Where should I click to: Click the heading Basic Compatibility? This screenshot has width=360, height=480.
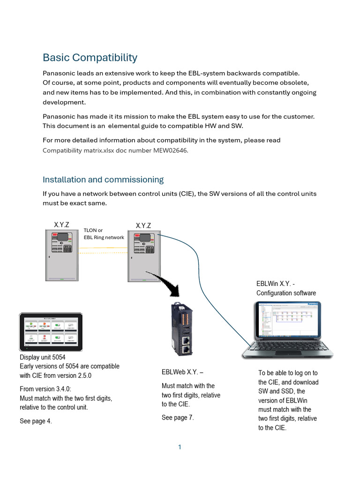point(90,58)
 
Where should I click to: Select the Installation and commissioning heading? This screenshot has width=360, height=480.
point(103,180)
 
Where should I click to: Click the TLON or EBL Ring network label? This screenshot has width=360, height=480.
point(104,234)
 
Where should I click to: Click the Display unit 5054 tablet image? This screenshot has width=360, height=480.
point(51,332)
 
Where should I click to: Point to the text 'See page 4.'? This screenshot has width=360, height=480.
point(36,421)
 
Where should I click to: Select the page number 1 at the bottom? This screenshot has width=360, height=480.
point(180,447)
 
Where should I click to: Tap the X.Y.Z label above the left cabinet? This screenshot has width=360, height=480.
point(61,225)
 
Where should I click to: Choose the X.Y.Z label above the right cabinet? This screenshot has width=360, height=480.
point(143,226)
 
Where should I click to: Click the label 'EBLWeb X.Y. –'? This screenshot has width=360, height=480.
point(182,372)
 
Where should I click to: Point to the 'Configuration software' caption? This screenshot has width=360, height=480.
point(286,293)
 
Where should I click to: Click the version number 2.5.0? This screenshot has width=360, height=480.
point(82,375)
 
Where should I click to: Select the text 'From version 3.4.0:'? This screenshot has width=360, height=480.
point(45,389)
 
